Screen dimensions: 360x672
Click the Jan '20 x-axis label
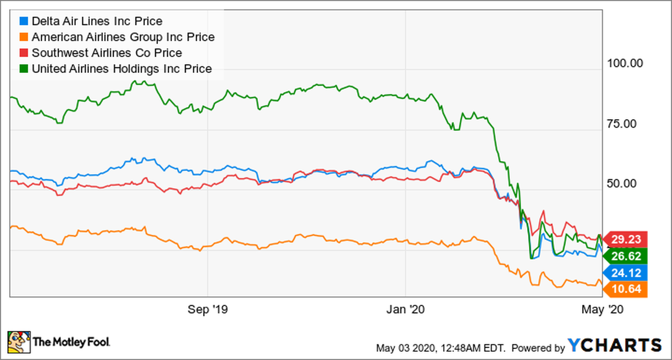(406, 310)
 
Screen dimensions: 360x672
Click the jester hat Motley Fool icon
(18, 342)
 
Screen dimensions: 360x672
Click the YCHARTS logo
(614, 345)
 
